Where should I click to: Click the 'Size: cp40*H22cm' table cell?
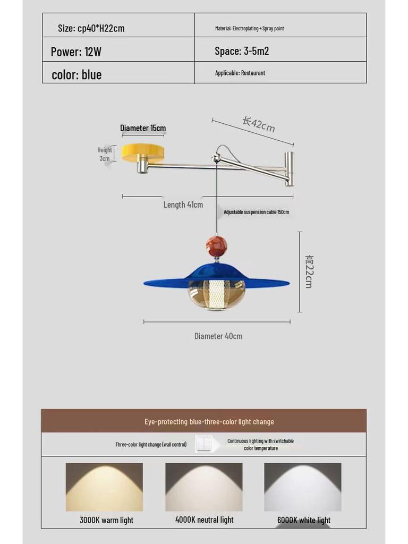point(91,28)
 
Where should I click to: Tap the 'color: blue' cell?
point(76,74)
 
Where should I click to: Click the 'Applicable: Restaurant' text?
point(240,73)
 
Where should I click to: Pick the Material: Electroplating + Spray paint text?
point(249,28)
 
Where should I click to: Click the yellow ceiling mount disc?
point(142,152)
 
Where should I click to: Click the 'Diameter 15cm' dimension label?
point(142,128)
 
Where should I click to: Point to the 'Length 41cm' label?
point(183,205)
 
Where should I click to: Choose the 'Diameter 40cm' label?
point(218,336)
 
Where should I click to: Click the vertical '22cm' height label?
point(309,271)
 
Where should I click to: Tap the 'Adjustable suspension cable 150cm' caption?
point(256,212)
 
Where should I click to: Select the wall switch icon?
point(204,444)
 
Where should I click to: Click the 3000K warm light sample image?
point(104,487)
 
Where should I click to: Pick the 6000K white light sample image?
point(303,487)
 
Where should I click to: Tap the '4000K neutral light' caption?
point(205,520)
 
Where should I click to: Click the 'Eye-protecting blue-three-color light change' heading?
point(209,422)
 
